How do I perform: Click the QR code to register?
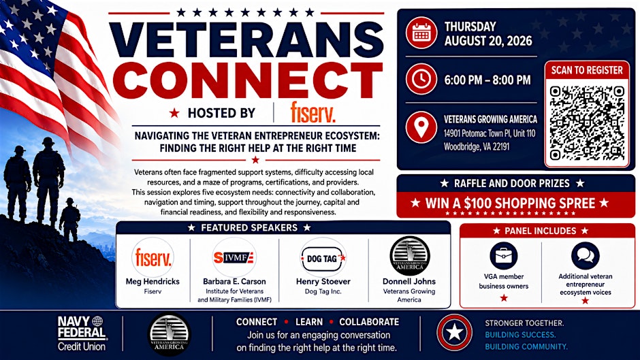[587, 123]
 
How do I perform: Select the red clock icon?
[421, 79]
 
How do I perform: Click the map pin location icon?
[421, 127]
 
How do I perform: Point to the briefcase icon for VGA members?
[503, 256]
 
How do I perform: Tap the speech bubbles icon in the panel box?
[586, 256]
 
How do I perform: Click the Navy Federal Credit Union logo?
[82, 333]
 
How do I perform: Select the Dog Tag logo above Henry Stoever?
[323, 258]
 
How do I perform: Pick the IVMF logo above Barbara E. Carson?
[234, 257]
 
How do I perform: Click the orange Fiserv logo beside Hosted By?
[313, 113]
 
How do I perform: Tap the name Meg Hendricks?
[153, 281]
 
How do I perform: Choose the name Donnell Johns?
[409, 281]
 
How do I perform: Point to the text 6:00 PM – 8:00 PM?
[487, 80]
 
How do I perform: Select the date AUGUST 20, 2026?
[488, 41]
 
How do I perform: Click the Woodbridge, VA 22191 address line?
[477, 146]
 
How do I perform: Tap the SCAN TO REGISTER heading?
[587, 70]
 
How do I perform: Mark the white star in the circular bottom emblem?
[454, 333]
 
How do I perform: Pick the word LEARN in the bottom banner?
[309, 322]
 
